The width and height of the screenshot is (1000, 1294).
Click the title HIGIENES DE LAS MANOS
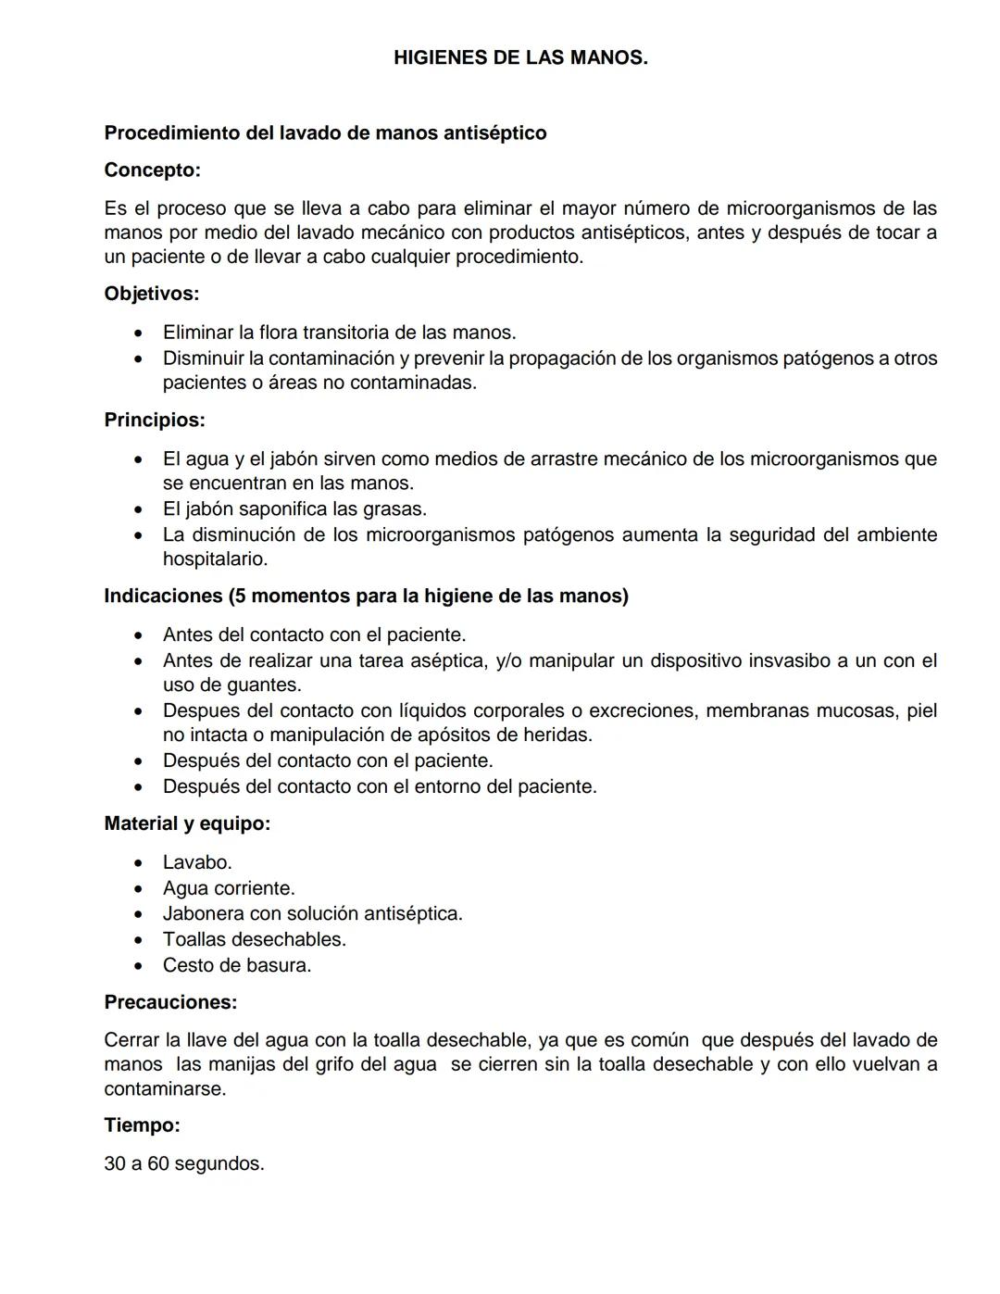(520, 57)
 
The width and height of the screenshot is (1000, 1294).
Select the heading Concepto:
(152, 170)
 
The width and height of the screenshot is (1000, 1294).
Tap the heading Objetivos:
(152, 294)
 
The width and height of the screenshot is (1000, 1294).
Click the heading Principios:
(155, 420)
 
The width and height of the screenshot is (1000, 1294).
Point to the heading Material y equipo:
(187, 823)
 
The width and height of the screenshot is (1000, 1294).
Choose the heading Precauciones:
(170, 1002)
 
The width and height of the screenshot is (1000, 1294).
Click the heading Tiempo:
(142, 1125)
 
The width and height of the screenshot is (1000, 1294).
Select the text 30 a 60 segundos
(184, 1163)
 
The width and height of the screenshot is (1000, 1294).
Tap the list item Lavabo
(197, 862)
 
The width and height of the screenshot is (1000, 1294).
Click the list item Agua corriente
(229, 888)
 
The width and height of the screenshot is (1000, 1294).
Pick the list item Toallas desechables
(255, 939)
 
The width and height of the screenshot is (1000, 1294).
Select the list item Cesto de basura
(237, 965)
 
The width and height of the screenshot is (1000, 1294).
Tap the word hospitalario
(215, 559)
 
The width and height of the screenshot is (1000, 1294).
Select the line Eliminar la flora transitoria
(339, 332)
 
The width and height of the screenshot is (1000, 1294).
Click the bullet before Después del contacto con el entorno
(138, 787)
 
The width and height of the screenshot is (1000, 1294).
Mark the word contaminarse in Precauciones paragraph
(165, 1088)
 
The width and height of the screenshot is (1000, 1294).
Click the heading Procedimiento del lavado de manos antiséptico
(325, 132)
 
